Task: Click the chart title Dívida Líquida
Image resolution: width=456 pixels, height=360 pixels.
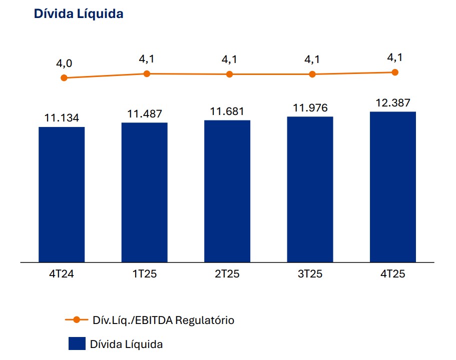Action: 79,14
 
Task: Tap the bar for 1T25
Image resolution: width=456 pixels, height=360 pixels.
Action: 144,192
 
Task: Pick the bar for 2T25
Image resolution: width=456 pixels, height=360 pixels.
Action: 227,191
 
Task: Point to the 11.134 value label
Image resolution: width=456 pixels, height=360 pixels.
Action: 62,118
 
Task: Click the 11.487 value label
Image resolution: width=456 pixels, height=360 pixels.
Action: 144,114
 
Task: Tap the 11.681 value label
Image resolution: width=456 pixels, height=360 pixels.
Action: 227,111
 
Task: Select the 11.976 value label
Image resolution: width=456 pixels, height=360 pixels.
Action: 310,108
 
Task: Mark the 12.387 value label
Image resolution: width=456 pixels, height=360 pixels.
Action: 393,103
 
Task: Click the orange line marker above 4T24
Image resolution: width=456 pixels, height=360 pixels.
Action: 64,78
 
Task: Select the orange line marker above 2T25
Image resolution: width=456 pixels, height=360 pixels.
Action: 229,74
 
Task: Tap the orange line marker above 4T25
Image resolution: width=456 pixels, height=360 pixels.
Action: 395,72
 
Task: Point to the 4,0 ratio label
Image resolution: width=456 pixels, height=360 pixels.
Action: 64,63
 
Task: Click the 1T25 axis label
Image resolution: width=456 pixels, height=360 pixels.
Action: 144,274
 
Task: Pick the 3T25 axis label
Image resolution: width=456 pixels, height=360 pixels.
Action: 310,274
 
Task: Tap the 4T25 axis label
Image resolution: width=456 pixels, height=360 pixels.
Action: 393,274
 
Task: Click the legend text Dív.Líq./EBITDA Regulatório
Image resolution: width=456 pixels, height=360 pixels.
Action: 163,320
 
